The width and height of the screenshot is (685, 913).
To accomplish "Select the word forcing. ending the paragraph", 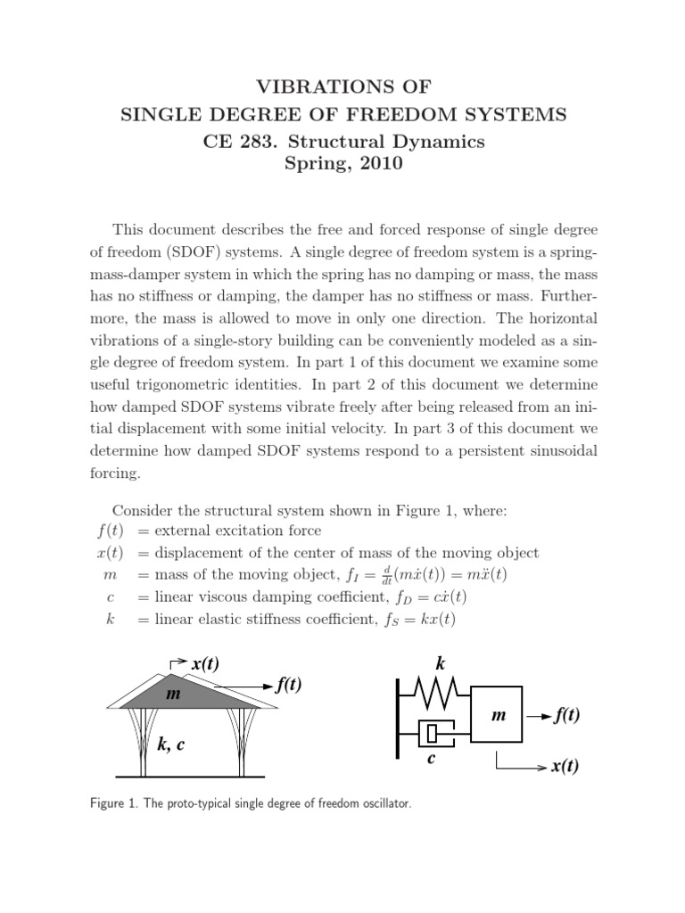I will (x=120, y=474).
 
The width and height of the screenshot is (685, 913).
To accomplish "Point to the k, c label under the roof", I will (x=171, y=745).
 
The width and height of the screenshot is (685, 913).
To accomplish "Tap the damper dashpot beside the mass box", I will (x=434, y=735).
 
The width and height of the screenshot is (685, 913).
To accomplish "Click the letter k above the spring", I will (x=439, y=663).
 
